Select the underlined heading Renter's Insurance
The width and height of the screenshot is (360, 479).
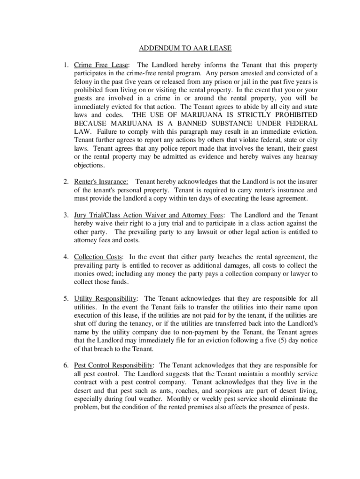101,181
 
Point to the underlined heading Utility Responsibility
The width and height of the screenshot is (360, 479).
105,298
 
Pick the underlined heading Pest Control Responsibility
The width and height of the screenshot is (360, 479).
114,365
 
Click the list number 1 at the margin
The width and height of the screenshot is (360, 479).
67,65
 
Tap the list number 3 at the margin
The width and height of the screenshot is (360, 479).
67,215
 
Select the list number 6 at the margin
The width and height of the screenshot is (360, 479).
67,365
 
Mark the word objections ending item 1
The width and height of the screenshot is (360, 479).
89,166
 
